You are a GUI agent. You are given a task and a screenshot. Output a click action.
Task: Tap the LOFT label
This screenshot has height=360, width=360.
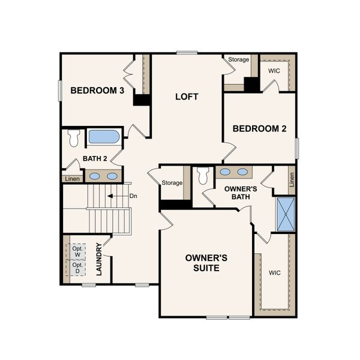click(x=187, y=97)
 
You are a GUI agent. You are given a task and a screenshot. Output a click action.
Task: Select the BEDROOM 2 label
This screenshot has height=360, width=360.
click(x=256, y=128)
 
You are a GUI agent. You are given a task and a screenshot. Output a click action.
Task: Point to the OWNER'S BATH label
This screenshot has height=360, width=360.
click(x=241, y=193)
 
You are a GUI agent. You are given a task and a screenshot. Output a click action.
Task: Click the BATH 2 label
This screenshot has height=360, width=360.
click(x=94, y=158)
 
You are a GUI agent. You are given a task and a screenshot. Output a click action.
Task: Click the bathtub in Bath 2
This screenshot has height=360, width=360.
click(x=104, y=136)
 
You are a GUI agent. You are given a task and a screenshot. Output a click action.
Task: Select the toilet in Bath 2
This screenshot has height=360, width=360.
click(x=74, y=138)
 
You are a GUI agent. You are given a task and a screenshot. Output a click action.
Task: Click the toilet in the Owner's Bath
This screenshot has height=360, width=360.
click(x=202, y=175)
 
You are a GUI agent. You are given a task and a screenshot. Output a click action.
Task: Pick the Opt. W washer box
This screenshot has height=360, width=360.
click(x=77, y=251)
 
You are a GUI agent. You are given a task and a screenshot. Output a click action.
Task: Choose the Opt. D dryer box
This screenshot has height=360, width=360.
click(x=77, y=268)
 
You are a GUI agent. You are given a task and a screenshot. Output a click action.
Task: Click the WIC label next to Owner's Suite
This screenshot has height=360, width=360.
click(x=274, y=273)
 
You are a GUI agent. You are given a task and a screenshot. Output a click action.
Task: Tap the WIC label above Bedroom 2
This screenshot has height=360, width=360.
click(x=274, y=71)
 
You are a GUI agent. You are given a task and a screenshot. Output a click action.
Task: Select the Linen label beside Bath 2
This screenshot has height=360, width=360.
click(x=71, y=178)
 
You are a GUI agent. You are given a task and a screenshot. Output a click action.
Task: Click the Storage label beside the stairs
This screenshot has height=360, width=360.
click(x=172, y=182)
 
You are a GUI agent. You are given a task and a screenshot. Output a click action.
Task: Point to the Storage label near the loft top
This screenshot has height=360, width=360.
click(x=238, y=59)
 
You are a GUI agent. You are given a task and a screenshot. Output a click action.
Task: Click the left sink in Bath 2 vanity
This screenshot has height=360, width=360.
click(x=95, y=176)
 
